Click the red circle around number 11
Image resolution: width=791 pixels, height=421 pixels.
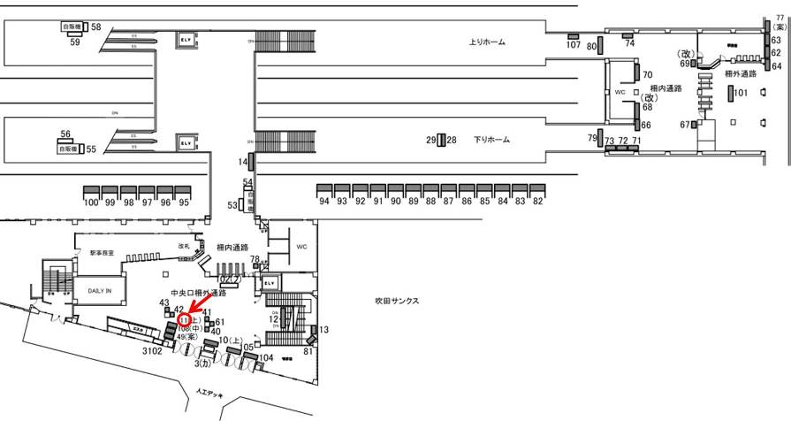point(184,319)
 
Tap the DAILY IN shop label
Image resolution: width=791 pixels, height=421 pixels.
point(94,288)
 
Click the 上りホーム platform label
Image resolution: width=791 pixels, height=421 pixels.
point(487,42)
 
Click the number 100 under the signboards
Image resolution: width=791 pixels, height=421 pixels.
point(90,203)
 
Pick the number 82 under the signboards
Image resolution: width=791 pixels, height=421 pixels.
point(537,201)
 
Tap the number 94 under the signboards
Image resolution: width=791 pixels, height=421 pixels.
point(323,201)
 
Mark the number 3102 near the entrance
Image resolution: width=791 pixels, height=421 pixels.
point(153,350)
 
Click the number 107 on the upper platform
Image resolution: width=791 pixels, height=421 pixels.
point(573,45)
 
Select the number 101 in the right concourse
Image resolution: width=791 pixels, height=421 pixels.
point(741,92)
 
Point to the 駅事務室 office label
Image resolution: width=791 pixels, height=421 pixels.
point(103,253)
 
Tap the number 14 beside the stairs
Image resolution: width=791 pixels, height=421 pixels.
point(243,162)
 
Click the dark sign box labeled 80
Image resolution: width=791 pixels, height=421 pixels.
point(600,45)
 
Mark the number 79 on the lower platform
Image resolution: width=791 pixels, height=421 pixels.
point(592,138)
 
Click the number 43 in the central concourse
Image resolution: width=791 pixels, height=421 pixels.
point(164,303)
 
